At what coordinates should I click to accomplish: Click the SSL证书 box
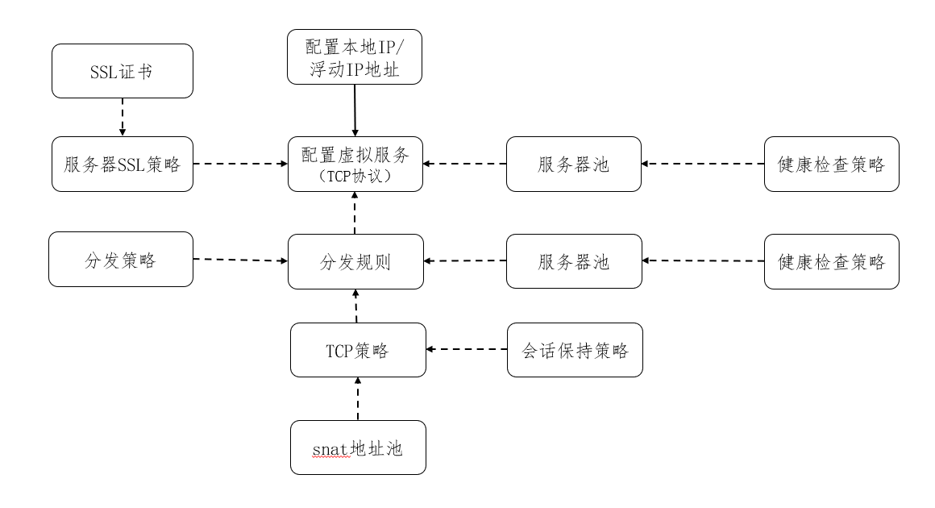pos(123,71)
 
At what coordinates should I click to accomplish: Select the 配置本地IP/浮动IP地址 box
pos(355,57)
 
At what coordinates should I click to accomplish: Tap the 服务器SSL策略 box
pos(123,164)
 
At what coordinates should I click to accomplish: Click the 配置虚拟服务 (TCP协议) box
pos(355,164)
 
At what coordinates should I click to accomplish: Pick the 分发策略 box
pos(121,260)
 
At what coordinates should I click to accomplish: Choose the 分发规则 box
pos(355,261)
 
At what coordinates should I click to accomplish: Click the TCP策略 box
pos(358,350)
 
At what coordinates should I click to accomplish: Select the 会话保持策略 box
pos(575,350)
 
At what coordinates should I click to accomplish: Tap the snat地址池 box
pos(358,447)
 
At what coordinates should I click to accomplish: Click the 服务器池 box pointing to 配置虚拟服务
pos(574,164)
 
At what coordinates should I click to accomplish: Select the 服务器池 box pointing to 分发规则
pos(574,261)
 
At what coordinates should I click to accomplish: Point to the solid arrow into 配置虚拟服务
pos(355,110)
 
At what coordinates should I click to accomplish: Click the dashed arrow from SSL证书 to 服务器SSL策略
pos(122,118)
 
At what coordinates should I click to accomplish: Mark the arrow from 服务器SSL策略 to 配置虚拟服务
pos(240,164)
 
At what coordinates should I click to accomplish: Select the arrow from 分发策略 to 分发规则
pos(240,260)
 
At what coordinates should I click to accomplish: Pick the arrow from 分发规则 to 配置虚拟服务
pos(355,213)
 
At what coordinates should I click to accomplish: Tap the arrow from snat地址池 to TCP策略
pos(358,398)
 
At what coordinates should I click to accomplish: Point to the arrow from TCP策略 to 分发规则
pos(356,306)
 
